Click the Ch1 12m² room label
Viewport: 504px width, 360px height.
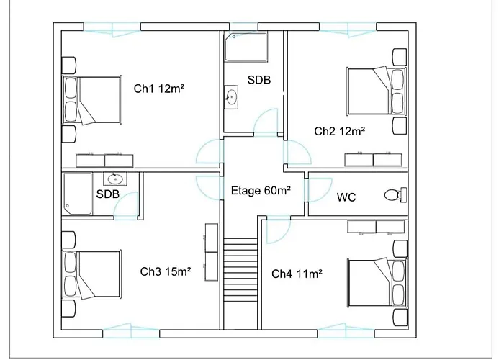click(159, 89)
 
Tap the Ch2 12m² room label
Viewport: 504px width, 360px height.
click(339, 131)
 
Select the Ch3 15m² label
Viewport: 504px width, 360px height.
click(166, 271)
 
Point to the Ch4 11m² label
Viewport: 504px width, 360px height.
click(297, 274)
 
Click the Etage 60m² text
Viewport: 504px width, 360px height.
click(261, 191)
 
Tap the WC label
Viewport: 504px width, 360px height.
click(346, 197)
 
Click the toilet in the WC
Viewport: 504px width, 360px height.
click(395, 195)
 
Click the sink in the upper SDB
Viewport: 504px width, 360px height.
click(231, 97)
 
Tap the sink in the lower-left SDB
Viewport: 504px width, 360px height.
click(115, 179)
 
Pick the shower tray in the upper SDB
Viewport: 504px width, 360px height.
click(246, 47)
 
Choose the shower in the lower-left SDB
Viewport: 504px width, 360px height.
click(78, 194)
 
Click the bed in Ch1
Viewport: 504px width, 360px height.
click(92, 99)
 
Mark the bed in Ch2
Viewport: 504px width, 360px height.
click(377, 91)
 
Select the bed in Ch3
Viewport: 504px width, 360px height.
click(91, 274)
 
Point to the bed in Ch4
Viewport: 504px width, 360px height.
click(377, 282)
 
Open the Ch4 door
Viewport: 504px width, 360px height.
click(279, 230)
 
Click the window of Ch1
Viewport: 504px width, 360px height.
click(112, 28)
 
